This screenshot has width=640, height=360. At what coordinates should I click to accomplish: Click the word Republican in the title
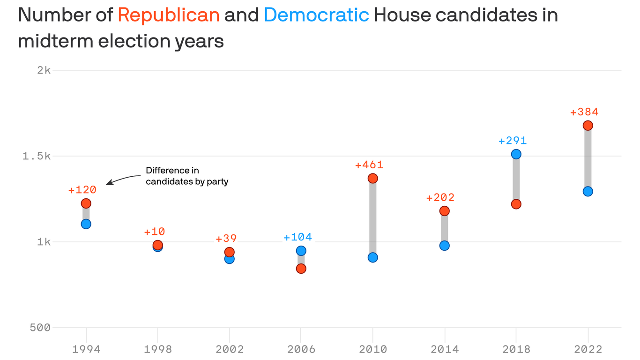click(169, 15)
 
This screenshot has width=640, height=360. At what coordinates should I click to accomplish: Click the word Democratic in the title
click(316, 15)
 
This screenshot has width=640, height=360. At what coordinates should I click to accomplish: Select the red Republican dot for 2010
click(373, 178)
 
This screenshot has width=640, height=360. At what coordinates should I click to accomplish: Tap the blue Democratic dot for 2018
click(516, 154)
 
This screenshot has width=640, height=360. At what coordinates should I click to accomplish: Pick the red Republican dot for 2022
click(588, 126)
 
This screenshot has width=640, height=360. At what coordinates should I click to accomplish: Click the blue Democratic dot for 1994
click(86, 224)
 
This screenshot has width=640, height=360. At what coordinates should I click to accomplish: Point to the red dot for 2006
click(301, 269)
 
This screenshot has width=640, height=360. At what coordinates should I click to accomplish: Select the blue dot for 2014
click(445, 246)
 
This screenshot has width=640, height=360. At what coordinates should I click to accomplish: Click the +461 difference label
click(369, 165)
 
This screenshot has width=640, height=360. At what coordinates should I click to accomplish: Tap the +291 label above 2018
click(513, 141)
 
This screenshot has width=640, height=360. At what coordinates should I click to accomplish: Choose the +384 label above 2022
click(584, 112)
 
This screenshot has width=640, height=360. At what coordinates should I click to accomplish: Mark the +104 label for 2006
click(298, 237)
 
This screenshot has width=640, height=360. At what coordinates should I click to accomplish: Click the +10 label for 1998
click(154, 232)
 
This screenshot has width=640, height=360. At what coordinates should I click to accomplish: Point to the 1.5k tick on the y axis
click(36, 156)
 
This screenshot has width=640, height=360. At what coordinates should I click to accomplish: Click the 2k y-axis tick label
click(44, 70)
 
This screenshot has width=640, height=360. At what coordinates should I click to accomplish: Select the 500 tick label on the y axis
click(40, 328)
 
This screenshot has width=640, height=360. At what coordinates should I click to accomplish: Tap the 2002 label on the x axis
click(230, 350)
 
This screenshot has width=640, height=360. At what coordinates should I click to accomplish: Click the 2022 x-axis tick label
click(588, 350)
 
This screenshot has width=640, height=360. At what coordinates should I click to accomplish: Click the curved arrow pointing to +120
click(123, 179)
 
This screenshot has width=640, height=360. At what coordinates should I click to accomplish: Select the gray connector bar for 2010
click(373, 218)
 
